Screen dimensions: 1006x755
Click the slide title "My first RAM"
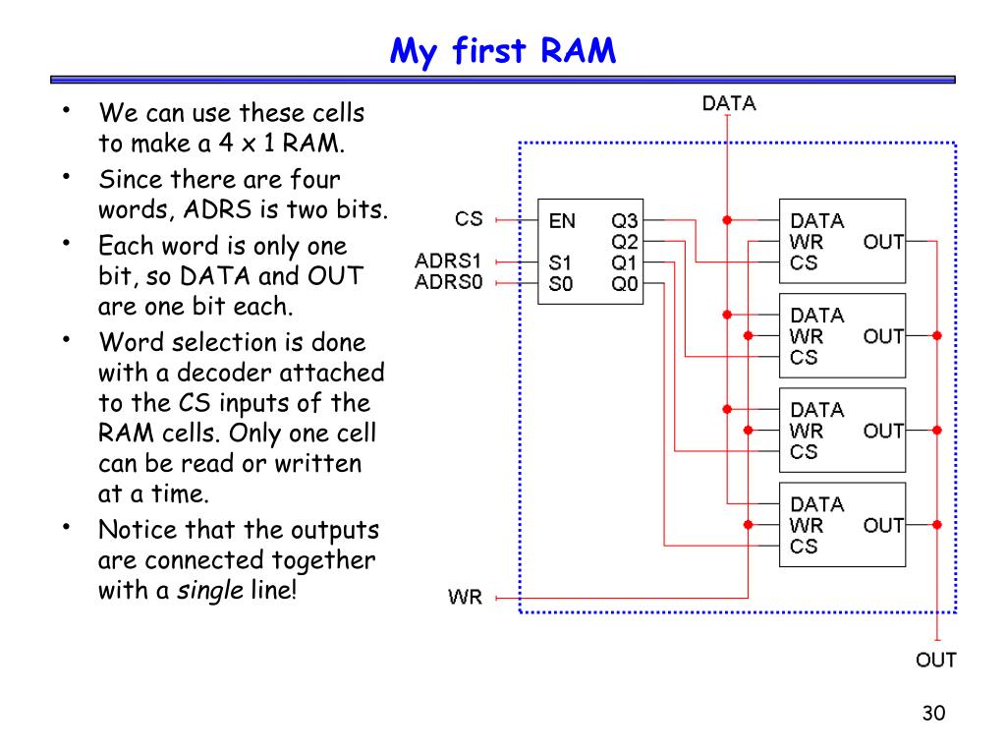(x=502, y=51)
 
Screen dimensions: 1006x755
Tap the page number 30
(x=933, y=713)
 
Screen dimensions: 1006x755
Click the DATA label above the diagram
(x=729, y=103)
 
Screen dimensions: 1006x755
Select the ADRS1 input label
(x=448, y=261)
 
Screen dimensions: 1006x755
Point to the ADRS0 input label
(x=448, y=282)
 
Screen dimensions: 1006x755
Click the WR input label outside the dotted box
(x=465, y=597)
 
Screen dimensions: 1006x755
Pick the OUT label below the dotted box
(x=936, y=660)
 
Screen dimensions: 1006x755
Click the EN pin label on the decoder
(x=562, y=221)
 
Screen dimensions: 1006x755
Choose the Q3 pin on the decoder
(x=624, y=221)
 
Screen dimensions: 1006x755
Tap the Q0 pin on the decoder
(x=624, y=284)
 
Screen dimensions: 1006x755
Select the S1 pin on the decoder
(x=560, y=262)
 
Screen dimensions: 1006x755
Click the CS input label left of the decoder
(x=469, y=219)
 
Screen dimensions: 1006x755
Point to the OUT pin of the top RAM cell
(x=883, y=242)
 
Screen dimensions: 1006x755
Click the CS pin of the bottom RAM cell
(x=804, y=547)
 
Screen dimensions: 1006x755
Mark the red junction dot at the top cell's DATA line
(x=727, y=220)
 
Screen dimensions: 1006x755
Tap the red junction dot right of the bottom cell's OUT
(x=936, y=525)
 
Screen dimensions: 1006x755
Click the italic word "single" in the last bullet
(x=210, y=591)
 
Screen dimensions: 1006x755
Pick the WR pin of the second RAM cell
(x=807, y=336)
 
